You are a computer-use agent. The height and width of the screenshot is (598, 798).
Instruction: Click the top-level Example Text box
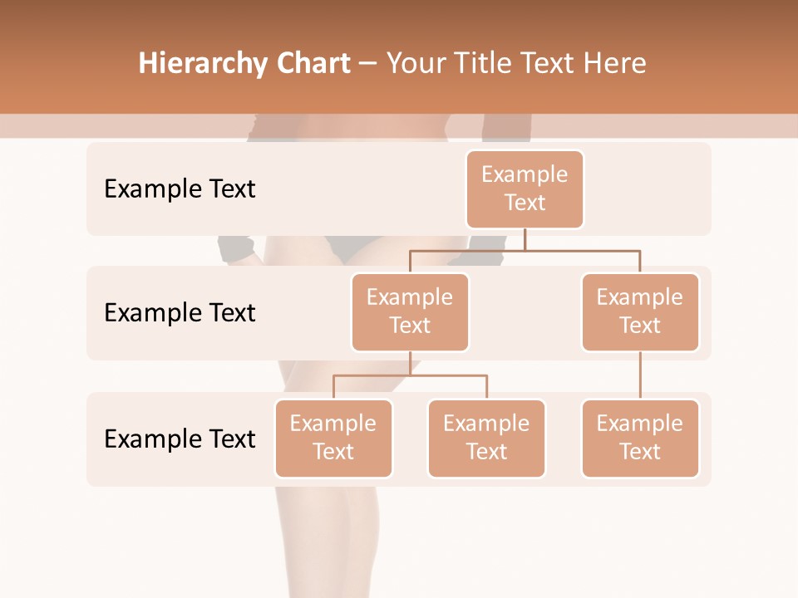point(525,189)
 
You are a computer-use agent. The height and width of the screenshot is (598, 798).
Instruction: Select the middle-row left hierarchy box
point(410,311)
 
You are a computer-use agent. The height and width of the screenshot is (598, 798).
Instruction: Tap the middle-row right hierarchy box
point(640,311)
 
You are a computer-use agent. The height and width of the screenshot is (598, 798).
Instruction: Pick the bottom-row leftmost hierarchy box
point(333,438)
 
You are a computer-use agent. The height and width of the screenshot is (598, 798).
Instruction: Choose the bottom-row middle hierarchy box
point(486,438)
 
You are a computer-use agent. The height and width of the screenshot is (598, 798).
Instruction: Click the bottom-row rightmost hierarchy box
point(640,438)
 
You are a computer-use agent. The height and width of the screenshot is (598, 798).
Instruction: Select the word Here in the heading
point(615,64)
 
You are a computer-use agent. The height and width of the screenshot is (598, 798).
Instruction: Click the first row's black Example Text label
point(180,189)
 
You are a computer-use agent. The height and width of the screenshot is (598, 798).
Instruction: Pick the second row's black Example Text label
point(180,313)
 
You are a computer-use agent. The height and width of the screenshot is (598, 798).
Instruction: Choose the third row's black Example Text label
point(180,439)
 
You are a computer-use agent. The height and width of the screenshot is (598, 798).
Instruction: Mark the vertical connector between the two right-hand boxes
point(640,375)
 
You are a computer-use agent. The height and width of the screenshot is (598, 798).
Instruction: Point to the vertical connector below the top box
point(525,239)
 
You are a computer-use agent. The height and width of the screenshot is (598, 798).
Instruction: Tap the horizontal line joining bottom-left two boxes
point(410,375)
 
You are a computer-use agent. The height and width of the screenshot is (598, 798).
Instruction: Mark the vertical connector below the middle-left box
point(410,363)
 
